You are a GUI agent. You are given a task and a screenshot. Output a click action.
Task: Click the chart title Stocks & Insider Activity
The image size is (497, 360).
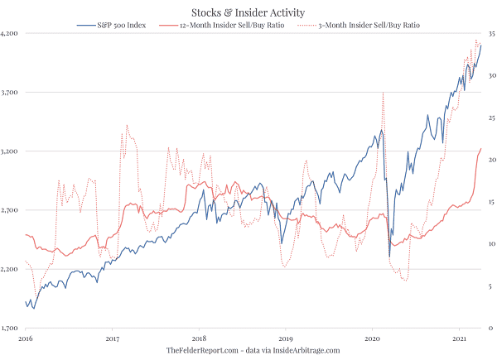(248, 12)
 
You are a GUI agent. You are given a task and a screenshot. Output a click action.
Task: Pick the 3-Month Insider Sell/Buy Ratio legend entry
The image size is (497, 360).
(368, 26)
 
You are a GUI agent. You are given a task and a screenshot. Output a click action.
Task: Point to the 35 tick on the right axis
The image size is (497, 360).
(491, 34)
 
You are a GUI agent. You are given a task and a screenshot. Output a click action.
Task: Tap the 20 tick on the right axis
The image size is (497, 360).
(491, 160)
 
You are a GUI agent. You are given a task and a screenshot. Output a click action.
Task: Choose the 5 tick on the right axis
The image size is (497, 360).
(491, 286)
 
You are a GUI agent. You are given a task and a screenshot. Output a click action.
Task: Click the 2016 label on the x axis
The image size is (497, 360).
(27, 339)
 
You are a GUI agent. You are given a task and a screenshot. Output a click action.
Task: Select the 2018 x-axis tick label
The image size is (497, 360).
(199, 339)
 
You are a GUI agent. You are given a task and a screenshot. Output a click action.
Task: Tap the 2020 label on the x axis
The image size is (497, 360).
(372, 339)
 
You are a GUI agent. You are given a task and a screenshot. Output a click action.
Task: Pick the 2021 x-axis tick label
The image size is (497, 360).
(458, 339)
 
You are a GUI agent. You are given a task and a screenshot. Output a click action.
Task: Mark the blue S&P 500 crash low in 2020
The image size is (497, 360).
(389, 258)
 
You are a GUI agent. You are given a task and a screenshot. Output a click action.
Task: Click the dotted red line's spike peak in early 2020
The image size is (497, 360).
(383, 94)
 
